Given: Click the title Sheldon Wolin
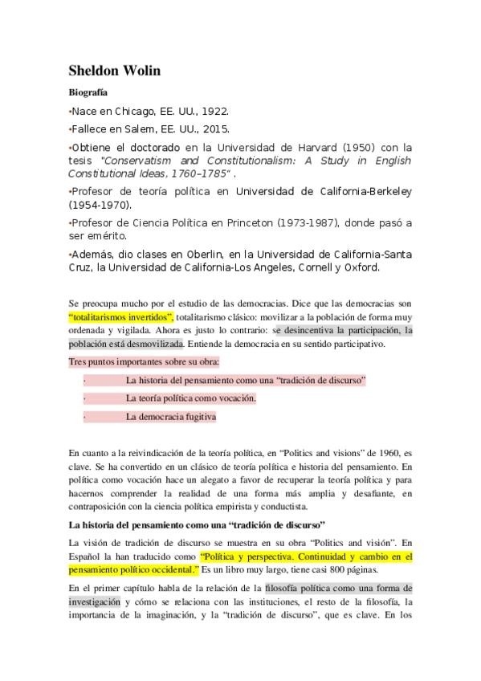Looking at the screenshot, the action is [115, 71].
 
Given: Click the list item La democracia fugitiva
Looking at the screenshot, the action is [171, 417].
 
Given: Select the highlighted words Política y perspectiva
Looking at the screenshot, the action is [251, 556].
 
